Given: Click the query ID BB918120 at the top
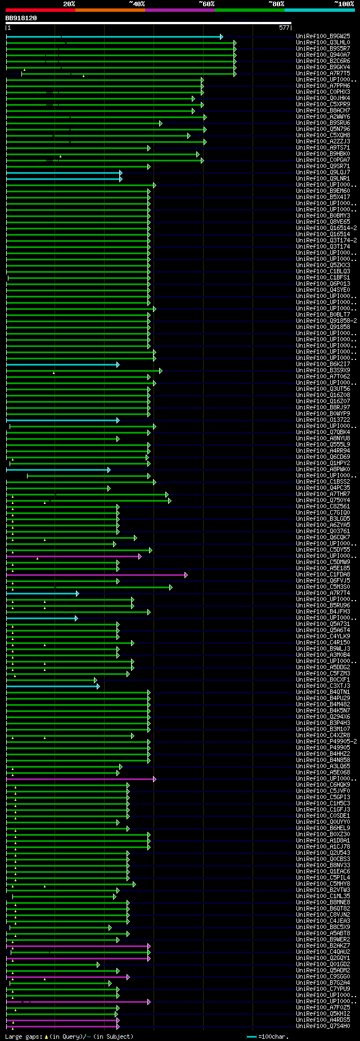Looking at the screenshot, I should click(x=21, y=19).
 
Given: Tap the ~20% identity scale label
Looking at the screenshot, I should click(x=69, y=4).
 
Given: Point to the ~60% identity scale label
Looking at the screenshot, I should click(x=206, y=4).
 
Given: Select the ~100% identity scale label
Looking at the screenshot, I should click(x=344, y=4).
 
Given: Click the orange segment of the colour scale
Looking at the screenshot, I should click(x=110, y=10).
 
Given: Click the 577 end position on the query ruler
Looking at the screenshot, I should click(x=284, y=28).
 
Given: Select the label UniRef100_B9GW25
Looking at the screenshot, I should click(x=323, y=37).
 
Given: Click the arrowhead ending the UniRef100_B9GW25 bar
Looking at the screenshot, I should click(x=221, y=37).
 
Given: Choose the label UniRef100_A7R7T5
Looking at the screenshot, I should click(x=323, y=74).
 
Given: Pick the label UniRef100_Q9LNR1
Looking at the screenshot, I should click(x=323, y=179).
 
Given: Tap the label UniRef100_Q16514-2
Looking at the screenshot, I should click(x=326, y=228).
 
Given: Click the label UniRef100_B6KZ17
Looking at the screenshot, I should click(x=323, y=364).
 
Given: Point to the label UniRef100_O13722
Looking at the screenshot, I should click(x=323, y=420).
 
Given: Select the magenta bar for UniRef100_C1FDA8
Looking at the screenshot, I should click(x=96, y=575).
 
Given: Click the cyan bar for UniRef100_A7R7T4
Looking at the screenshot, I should click(x=42, y=593).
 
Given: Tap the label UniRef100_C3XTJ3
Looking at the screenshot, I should click(x=323, y=686).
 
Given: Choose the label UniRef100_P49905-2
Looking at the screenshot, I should click(x=326, y=742).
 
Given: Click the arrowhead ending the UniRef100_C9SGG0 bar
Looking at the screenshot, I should click(x=128, y=977).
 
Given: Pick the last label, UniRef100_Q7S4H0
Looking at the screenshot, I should click(x=323, y=1026).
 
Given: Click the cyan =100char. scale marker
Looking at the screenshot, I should click(x=251, y=1037).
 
